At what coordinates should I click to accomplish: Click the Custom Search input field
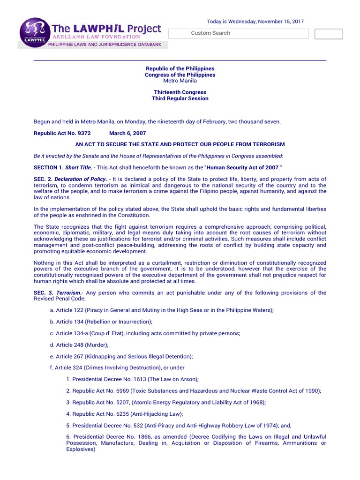point(238,33)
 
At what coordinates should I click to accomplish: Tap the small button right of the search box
point(328,34)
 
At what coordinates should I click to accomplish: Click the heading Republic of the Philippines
point(180,69)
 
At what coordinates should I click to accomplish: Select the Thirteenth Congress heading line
point(180,92)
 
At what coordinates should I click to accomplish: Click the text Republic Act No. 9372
point(62,133)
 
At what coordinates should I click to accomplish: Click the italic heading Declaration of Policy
point(80,180)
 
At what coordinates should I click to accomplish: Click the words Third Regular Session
point(180,98)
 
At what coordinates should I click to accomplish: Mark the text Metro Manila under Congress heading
point(180,81)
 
